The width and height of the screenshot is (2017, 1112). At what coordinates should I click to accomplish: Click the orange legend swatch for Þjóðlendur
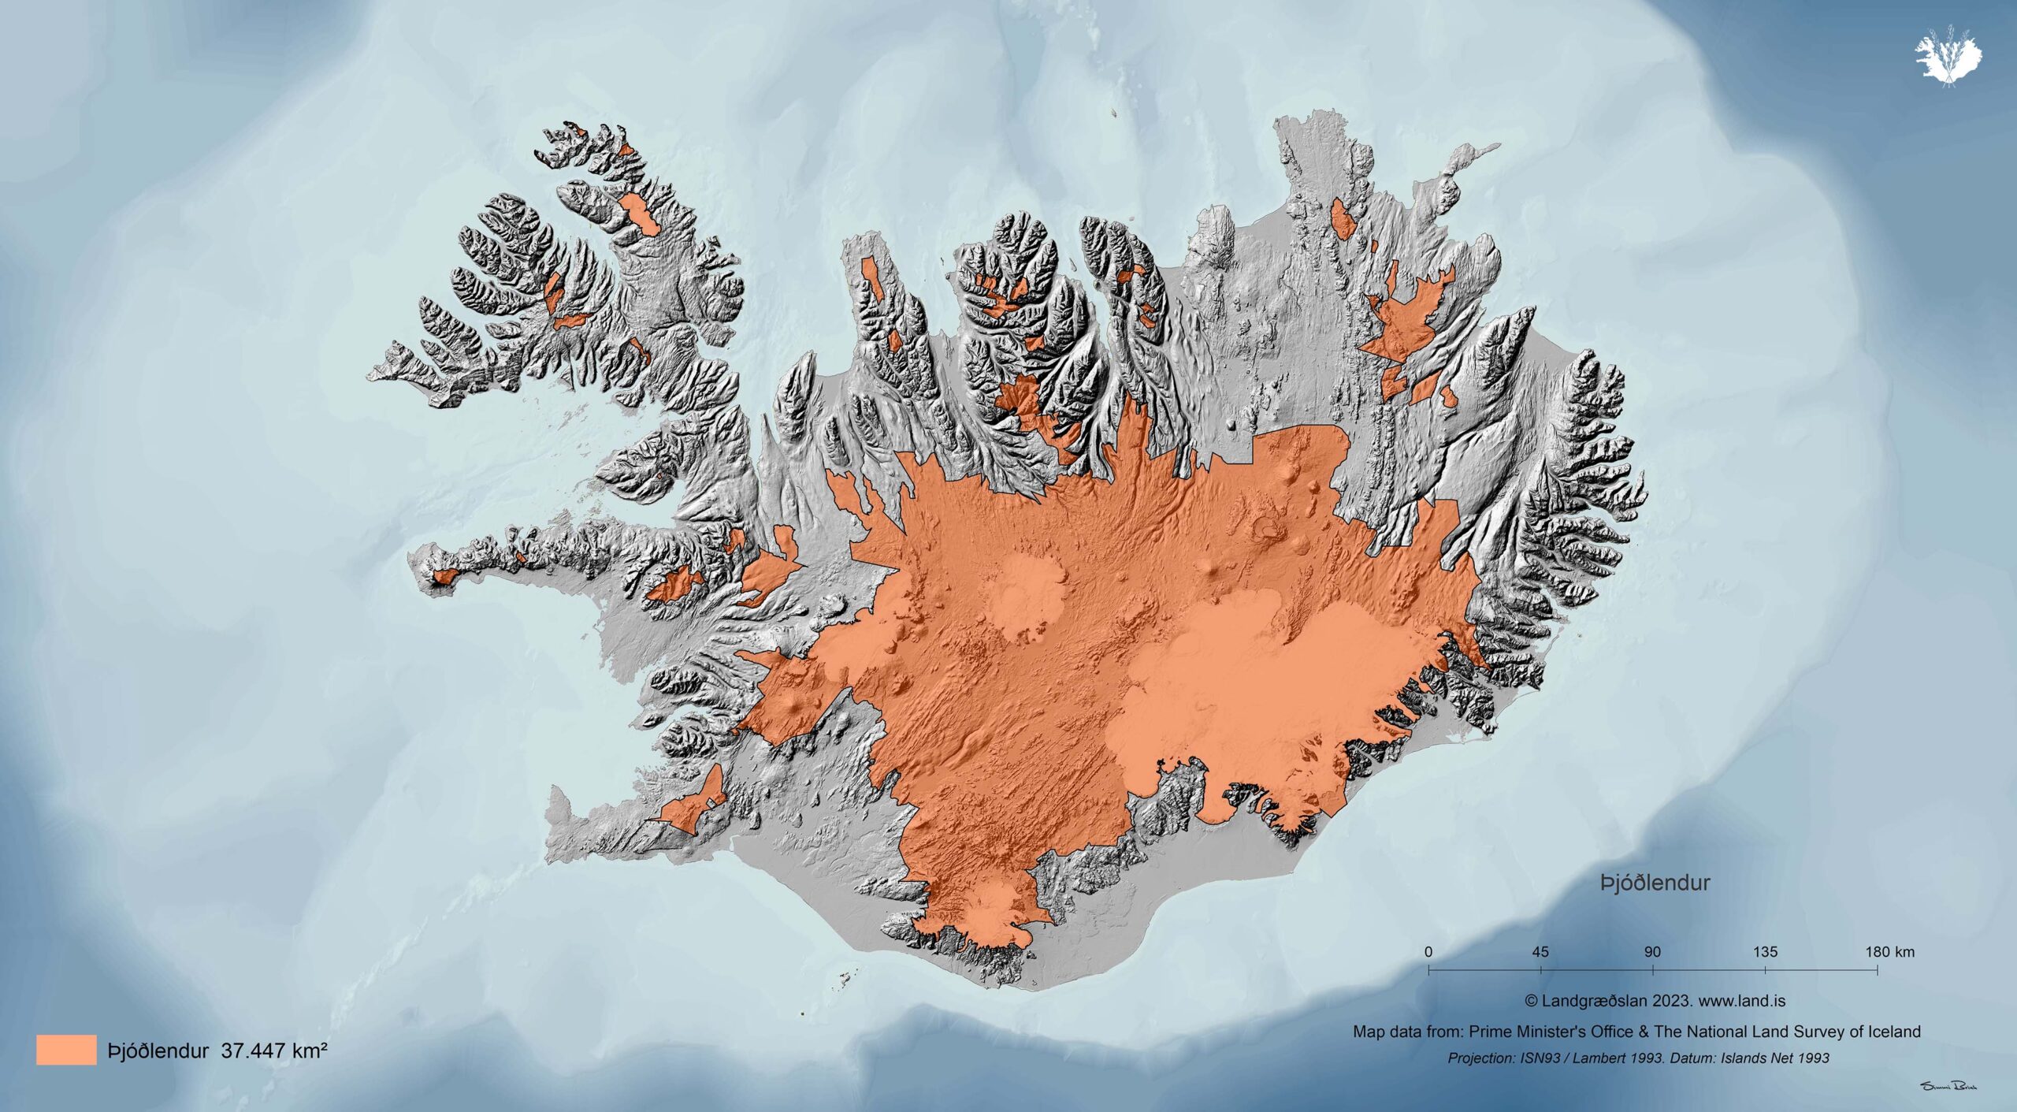click(66, 1050)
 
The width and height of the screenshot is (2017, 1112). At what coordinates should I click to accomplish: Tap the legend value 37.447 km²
click(274, 1051)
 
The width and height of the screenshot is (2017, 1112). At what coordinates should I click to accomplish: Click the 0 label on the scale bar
click(1428, 952)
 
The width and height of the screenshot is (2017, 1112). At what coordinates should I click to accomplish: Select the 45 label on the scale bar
click(1540, 952)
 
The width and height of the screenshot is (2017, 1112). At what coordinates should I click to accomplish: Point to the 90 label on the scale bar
click(1652, 952)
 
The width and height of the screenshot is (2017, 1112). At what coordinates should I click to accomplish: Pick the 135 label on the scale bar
click(1765, 952)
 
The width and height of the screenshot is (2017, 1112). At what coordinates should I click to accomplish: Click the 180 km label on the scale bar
click(1889, 952)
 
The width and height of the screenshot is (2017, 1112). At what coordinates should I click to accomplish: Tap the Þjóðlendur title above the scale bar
click(1655, 883)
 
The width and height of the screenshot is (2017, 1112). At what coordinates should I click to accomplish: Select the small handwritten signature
click(1944, 1086)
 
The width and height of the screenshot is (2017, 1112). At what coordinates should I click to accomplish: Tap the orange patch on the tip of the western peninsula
click(444, 578)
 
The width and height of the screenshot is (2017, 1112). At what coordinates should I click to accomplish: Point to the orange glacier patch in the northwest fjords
click(639, 214)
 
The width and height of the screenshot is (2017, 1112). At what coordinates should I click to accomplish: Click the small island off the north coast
click(1114, 113)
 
